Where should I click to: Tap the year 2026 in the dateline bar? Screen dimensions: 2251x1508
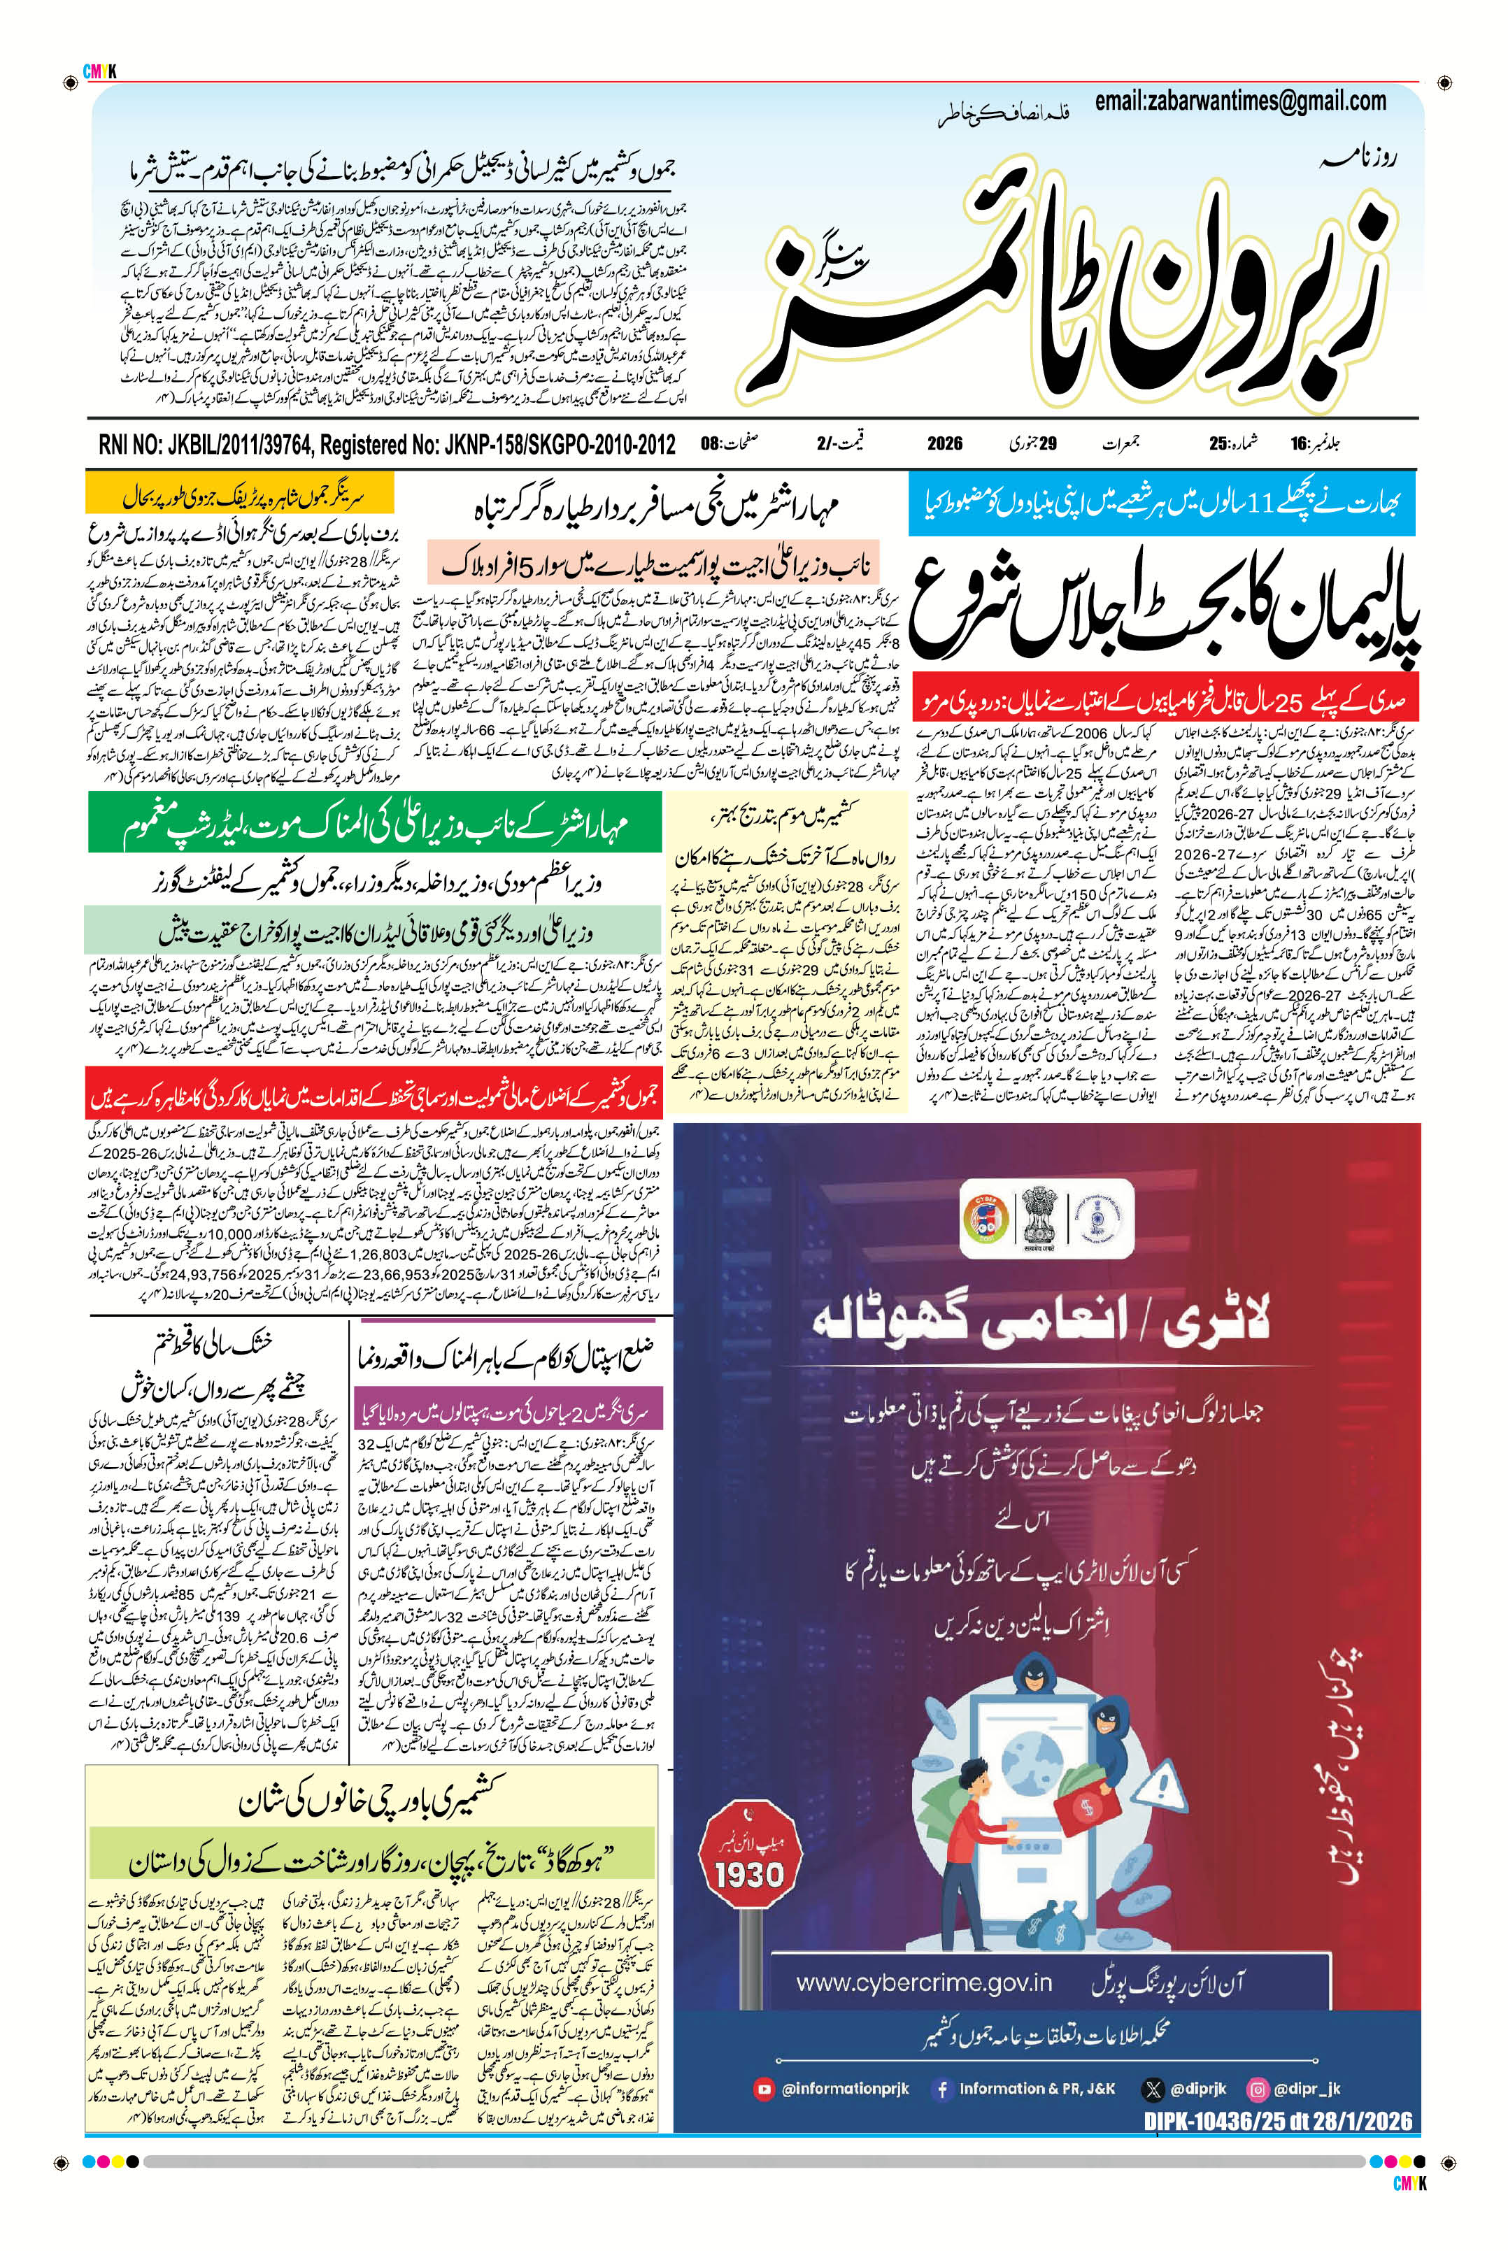tap(944, 443)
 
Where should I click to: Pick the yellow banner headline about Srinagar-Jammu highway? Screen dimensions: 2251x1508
tap(241, 495)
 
